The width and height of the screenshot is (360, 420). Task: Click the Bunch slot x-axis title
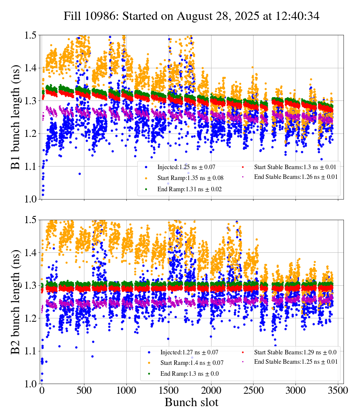[191, 403]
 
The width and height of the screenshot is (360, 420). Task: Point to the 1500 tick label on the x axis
[169, 391]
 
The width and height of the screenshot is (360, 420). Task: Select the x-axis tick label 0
[42, 391]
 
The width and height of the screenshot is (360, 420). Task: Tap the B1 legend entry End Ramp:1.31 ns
[189, 189]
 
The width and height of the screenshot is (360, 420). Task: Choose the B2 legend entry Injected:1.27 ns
[189, 352]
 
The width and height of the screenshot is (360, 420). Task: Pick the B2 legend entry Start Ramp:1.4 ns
[192, 363]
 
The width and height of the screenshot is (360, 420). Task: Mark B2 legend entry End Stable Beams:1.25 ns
[296, 362]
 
